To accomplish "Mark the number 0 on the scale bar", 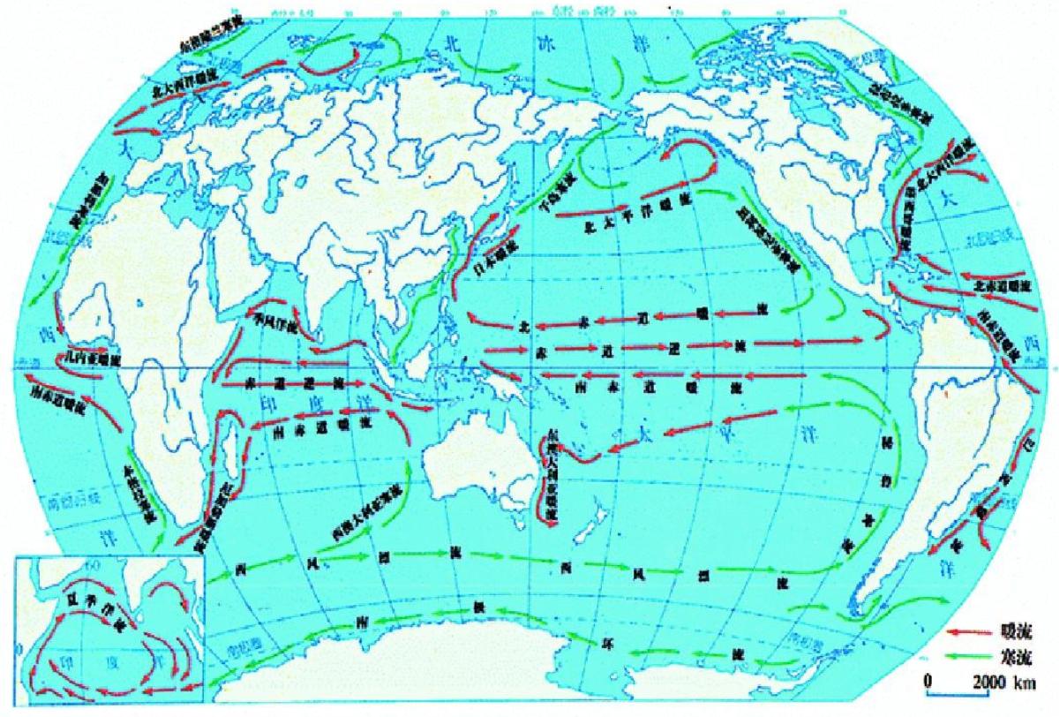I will tap(928, 683).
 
